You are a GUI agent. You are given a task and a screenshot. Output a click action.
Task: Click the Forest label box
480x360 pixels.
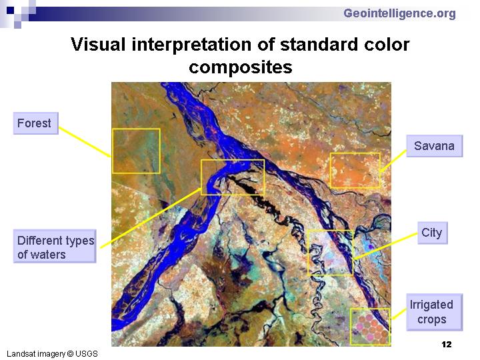coord(36,123)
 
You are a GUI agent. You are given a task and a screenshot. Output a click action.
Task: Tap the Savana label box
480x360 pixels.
coord(435,146)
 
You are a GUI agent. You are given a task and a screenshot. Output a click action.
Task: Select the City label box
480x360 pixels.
coord(432,233)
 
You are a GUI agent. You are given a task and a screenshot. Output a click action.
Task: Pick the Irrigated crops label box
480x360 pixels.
coord(434,312)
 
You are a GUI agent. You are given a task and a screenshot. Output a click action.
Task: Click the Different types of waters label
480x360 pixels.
coord(55,247)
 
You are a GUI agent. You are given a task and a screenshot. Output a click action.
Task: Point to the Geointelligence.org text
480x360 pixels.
coord(399,13)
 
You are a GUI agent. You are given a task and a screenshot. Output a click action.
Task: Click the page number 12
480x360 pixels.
coord(447,345)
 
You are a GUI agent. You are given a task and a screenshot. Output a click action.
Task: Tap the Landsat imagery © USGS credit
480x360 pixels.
coord(52,354)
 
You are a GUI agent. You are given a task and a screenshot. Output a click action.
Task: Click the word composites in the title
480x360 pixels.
coord(241,67)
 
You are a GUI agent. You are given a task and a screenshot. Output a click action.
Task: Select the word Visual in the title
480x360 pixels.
coord(98,45)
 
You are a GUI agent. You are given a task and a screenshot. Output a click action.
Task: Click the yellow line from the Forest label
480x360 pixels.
coord(85,142)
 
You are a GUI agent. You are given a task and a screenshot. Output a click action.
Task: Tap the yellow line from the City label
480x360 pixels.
coord(385,246)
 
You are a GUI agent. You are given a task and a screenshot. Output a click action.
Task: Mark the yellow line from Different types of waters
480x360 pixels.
coord(151,218)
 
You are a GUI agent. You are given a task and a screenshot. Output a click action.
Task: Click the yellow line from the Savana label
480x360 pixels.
coord(393,161)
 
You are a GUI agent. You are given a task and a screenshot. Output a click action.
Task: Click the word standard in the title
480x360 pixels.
coord(318,45)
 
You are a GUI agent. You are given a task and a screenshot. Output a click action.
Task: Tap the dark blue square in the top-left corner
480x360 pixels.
coord(11,11)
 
